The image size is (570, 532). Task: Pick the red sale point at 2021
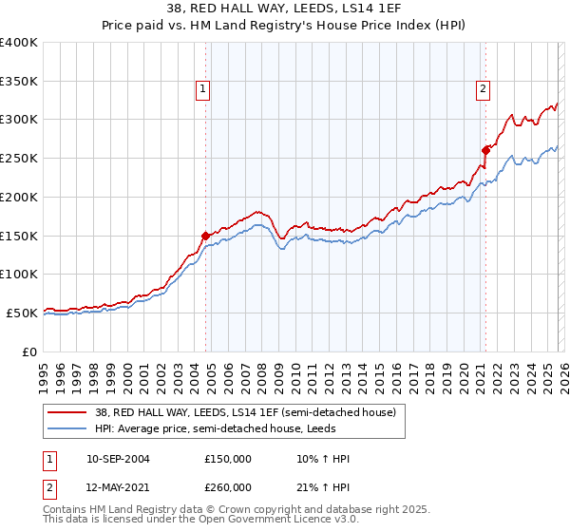485,149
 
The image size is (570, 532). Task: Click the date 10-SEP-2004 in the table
118,459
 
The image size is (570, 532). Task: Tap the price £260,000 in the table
228,487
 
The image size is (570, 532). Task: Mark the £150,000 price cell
228,459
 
